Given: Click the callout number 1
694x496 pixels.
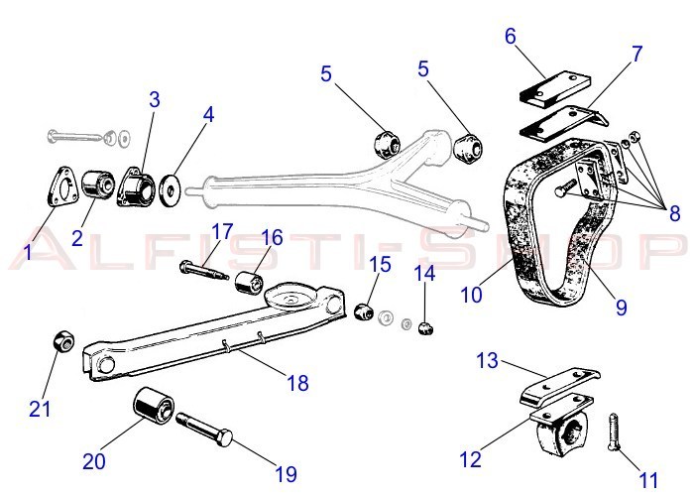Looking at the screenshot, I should tap(29, 253).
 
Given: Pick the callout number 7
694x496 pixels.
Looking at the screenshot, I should tap(636, 52).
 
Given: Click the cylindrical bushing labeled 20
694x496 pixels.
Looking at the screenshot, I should tap(153, 405).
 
